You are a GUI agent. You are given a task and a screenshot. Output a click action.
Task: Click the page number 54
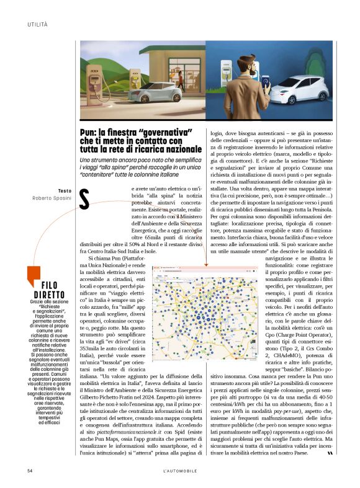(x=30, y=471)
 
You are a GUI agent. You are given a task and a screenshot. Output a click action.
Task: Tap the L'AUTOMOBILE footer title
(x=180, y=471)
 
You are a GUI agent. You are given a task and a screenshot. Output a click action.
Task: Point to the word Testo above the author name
(x=64, y=190)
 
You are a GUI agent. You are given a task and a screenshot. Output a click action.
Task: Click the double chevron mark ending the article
(x=330, y=453)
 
